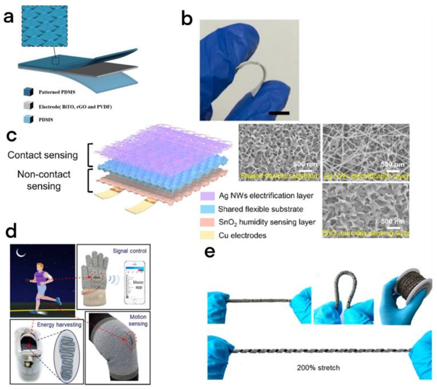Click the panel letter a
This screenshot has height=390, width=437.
[10, 16]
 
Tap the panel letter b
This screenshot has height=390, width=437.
[187, 15]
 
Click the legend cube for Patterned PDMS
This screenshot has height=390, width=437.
[27, 92]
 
